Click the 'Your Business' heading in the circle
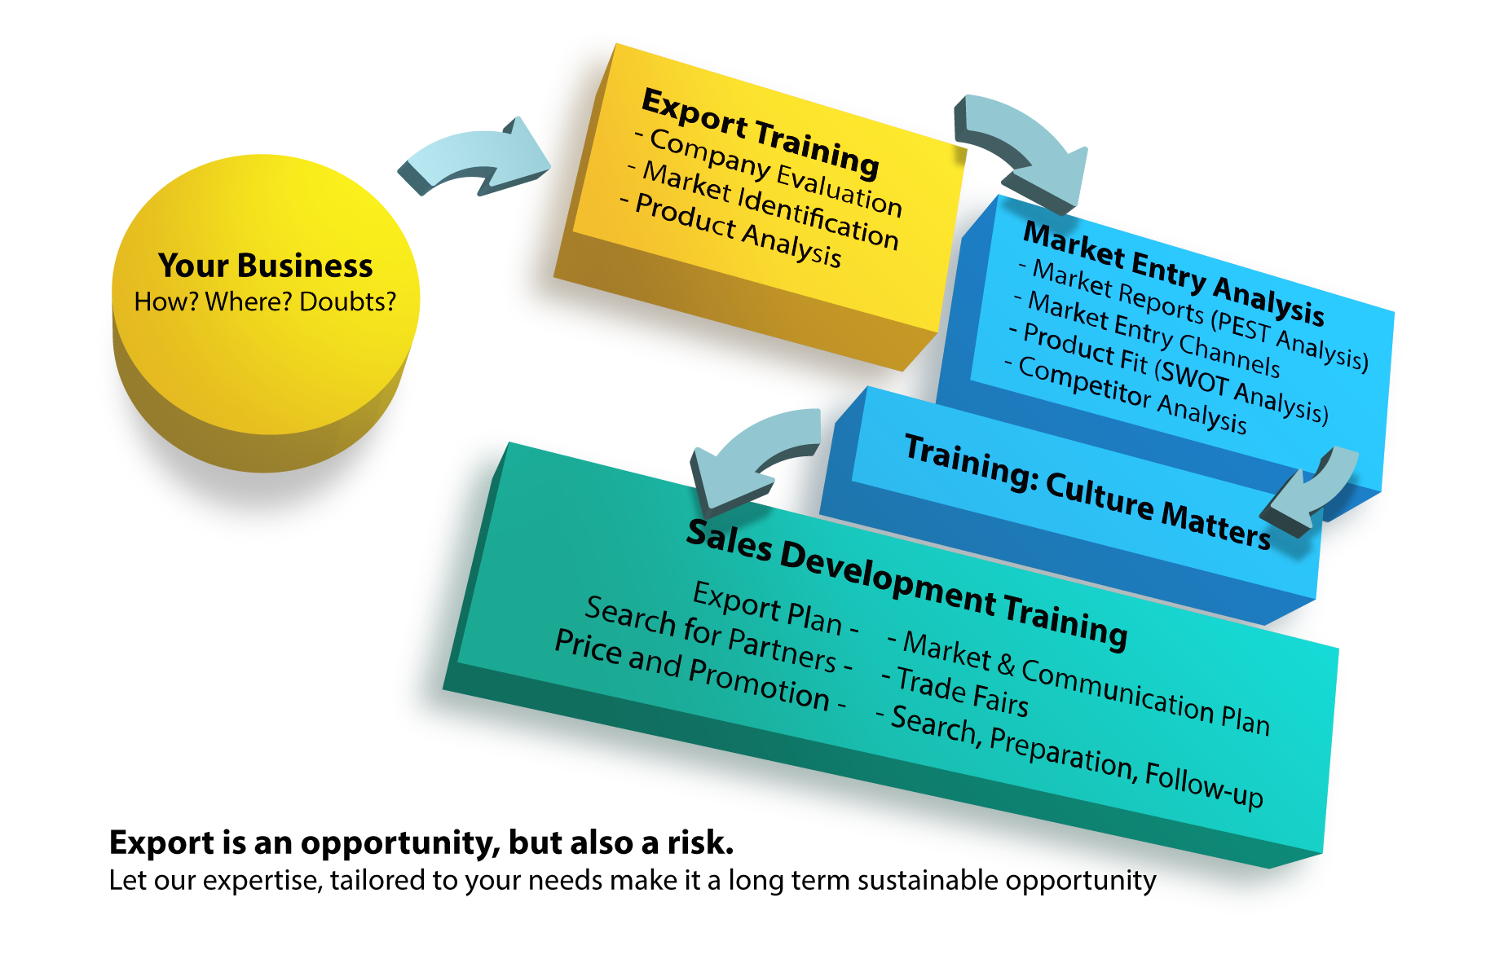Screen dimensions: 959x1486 point(265,266)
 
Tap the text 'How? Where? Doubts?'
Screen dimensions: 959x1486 point(265,301)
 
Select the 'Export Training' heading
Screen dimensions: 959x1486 point(760,133)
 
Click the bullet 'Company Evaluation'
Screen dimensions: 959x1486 point(775,173)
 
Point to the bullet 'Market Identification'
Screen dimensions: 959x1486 point(769,205)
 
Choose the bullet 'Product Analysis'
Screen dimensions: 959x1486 point(738,230)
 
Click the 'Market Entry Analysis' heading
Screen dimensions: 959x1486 point(1174,272)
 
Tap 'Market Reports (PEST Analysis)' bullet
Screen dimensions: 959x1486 point(1199,314)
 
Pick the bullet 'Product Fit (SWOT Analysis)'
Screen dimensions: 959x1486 point(1175,373)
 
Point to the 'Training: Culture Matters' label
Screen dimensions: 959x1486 point(1087,492)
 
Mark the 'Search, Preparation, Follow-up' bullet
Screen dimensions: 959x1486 point(1076,756)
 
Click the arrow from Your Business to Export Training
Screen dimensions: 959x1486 point(475,158)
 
